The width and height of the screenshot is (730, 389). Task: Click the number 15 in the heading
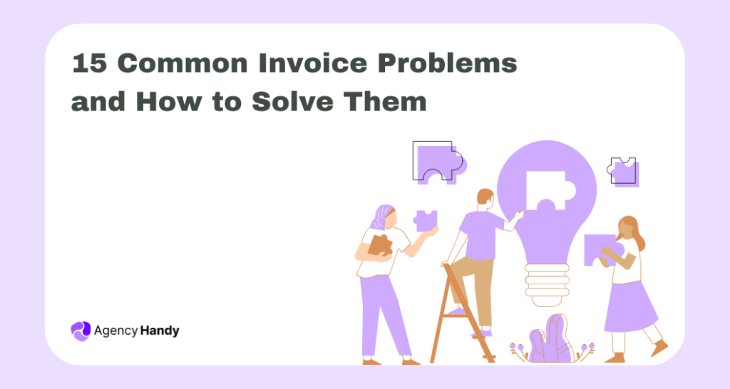[x=89, y=63]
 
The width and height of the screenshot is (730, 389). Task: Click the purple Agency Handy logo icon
[x=81, y=330]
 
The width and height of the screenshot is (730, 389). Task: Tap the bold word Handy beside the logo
[x=160, y=331]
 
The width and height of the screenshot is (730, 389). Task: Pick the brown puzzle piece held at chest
[x=380, y=244]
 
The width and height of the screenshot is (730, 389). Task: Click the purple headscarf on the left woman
[x=383, y=216]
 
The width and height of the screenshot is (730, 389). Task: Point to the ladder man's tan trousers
[x=478, y=285]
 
